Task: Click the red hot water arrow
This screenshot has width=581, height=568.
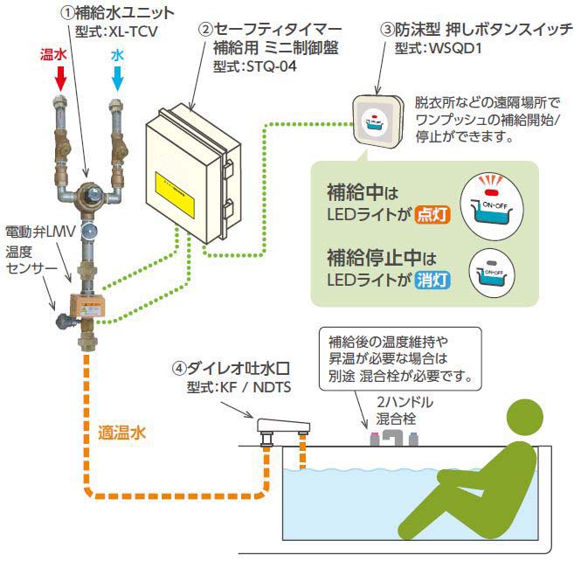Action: tap(60, 80)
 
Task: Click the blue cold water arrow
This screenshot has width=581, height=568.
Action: tap(118, 80)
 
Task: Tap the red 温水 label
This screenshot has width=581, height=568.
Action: tap(54, 54)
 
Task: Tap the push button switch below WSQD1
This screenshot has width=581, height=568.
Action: tap(375, 120)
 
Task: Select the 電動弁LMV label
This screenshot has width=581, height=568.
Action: tap(40, 232)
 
